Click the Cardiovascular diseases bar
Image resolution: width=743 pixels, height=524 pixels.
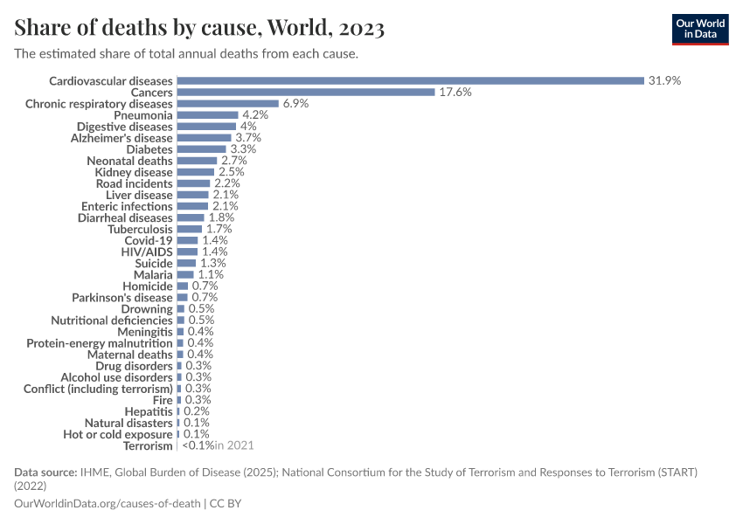click(410, 80)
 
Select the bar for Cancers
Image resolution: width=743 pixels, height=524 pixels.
click(305, 92)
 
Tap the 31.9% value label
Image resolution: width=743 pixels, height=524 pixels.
click(663, 80)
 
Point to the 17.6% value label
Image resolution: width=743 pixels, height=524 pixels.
click(455, 92)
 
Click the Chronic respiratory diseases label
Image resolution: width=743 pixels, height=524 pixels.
click(99, 103)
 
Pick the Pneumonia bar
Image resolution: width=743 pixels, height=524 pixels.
click(207, 114)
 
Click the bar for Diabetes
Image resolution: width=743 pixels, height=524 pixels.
click(201, 149)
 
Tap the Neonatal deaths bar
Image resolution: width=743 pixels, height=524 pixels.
click(197, 161)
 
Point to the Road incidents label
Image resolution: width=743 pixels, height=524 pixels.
click(134, 183)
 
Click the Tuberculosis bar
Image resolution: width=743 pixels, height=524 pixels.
click(189, 229)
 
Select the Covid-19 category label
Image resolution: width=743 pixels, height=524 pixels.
click(149, 240)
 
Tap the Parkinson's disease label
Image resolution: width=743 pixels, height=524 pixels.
click(122, 297)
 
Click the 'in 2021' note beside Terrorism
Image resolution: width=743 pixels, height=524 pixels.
click(234, 445)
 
